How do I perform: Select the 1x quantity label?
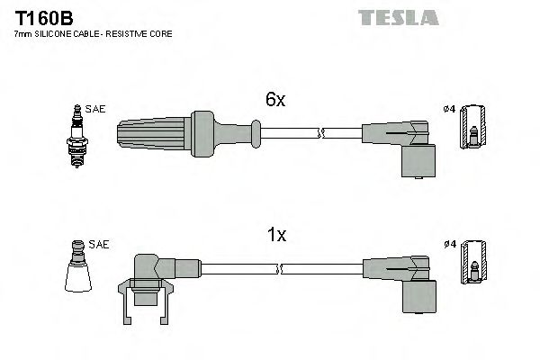click(x=277, y=235)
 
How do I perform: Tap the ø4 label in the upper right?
click(x=450, y=111)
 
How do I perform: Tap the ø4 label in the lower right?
click(x=450, y=244)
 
